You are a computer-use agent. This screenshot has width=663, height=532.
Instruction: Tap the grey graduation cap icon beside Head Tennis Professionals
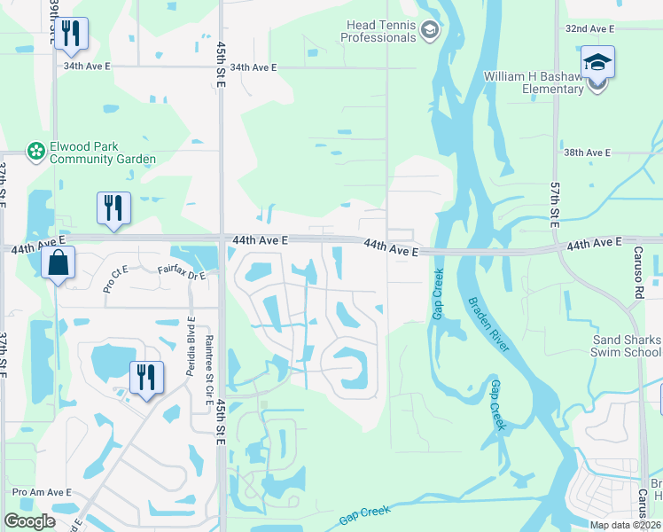[430, 32]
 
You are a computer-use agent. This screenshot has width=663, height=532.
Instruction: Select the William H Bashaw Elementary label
[533, 82]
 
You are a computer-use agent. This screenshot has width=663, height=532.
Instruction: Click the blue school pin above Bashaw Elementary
[597, 65]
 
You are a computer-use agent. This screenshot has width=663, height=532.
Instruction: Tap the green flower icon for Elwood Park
[36, 153]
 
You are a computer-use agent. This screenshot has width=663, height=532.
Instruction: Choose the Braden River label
[488, 325]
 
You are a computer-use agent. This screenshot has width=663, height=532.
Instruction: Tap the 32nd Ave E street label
[589, 29]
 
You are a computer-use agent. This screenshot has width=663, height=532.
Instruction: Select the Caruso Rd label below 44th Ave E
[637, 271]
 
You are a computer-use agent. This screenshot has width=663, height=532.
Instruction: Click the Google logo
[29, 521]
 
